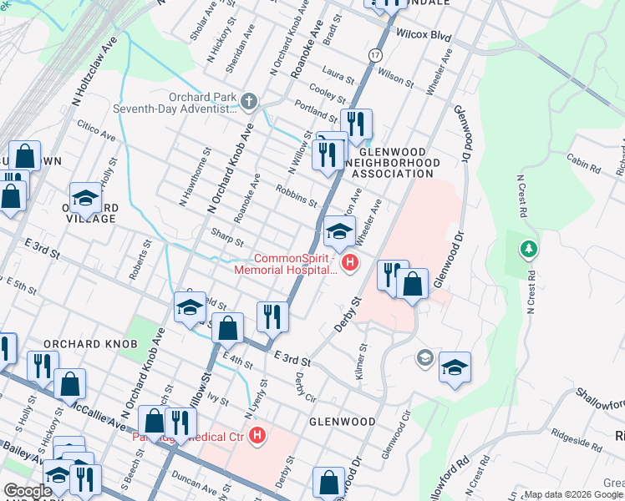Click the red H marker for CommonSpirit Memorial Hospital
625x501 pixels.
(349, 264)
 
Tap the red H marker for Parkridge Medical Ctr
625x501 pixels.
(258, 436)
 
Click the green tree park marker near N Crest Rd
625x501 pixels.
(527, 248)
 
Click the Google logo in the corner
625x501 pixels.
(28, 491)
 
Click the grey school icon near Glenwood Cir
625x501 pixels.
(425, 358)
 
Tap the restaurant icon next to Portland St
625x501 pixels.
(356, 124)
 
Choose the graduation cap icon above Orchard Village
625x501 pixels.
(85, 198)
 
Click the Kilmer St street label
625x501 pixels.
(362, 362)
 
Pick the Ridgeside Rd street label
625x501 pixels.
(577, 434)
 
